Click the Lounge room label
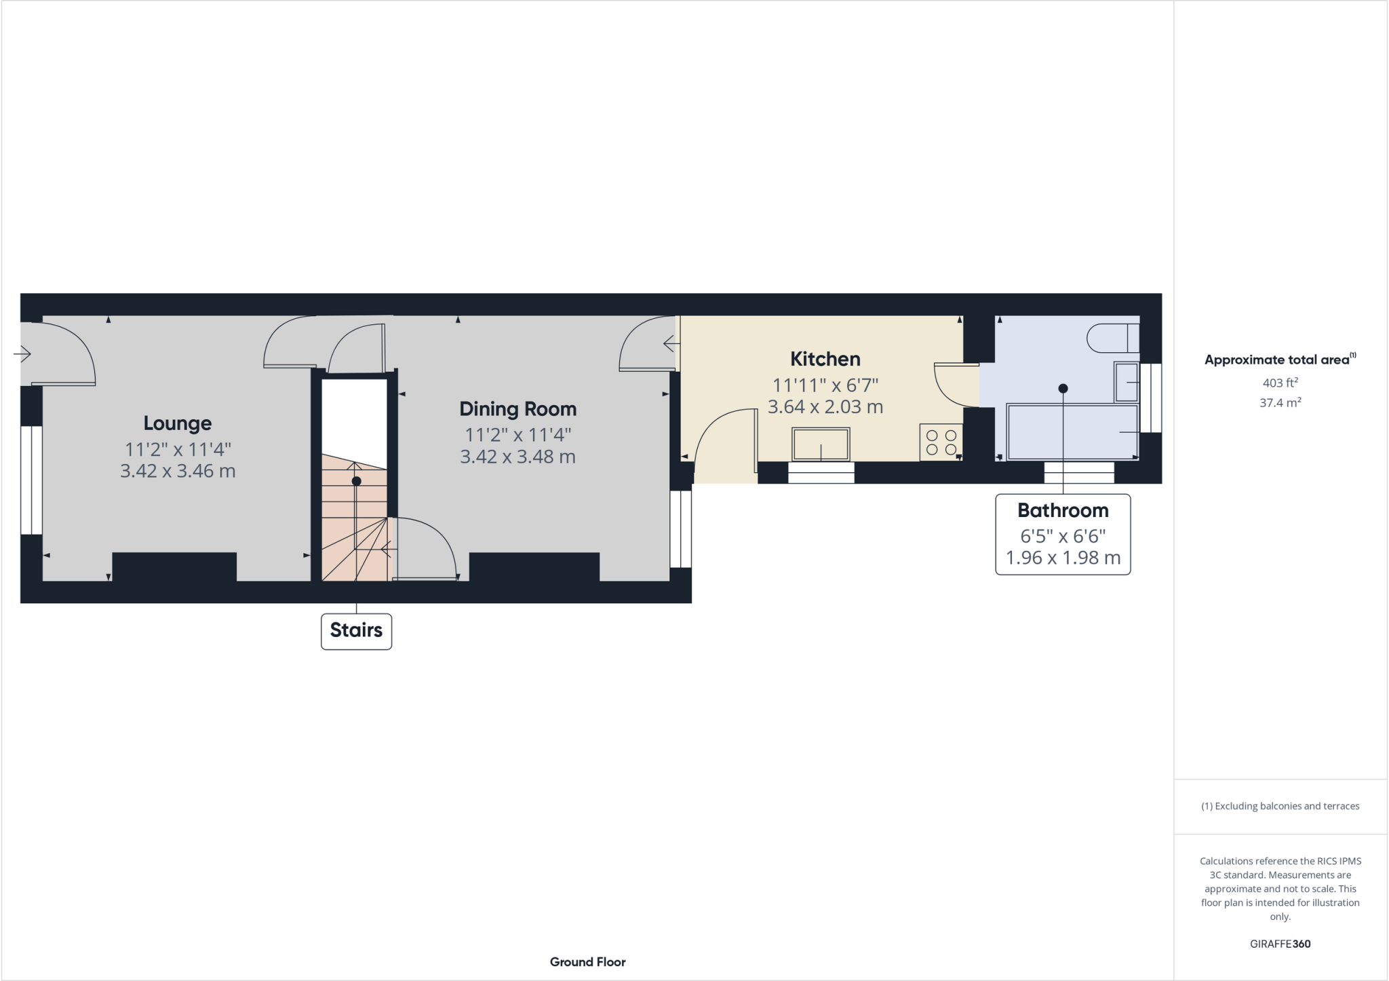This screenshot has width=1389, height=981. click(178, 423)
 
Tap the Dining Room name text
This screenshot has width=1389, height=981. click(517, 409)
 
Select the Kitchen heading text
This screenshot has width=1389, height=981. click(825, 359)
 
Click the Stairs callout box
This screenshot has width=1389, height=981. click(356, 631)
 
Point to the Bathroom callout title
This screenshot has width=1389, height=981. click(1063, 510)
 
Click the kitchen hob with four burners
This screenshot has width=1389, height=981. click(941, 442)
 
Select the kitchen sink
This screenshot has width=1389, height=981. click(821, 444)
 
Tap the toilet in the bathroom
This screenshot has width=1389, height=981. click(1112, 338)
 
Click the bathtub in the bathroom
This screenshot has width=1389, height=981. click(1072, 432)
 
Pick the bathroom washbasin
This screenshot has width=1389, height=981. click(1126, 383)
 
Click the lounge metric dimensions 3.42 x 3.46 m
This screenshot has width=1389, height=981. click(178, 471)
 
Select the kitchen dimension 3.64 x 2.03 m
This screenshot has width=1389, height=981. click(825, 407)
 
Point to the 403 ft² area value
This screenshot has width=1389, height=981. click(1280, 383)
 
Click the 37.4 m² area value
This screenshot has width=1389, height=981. click(1280, 403)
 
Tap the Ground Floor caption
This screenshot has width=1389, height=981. click(587, 962)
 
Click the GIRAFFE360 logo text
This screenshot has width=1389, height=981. click(1280, 944)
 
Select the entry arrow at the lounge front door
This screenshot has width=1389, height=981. click(22, 353)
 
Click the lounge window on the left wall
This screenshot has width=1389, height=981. click(31, 480)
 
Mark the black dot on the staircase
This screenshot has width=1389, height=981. click(356, 481)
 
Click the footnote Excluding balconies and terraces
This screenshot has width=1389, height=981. click(1280, 806)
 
